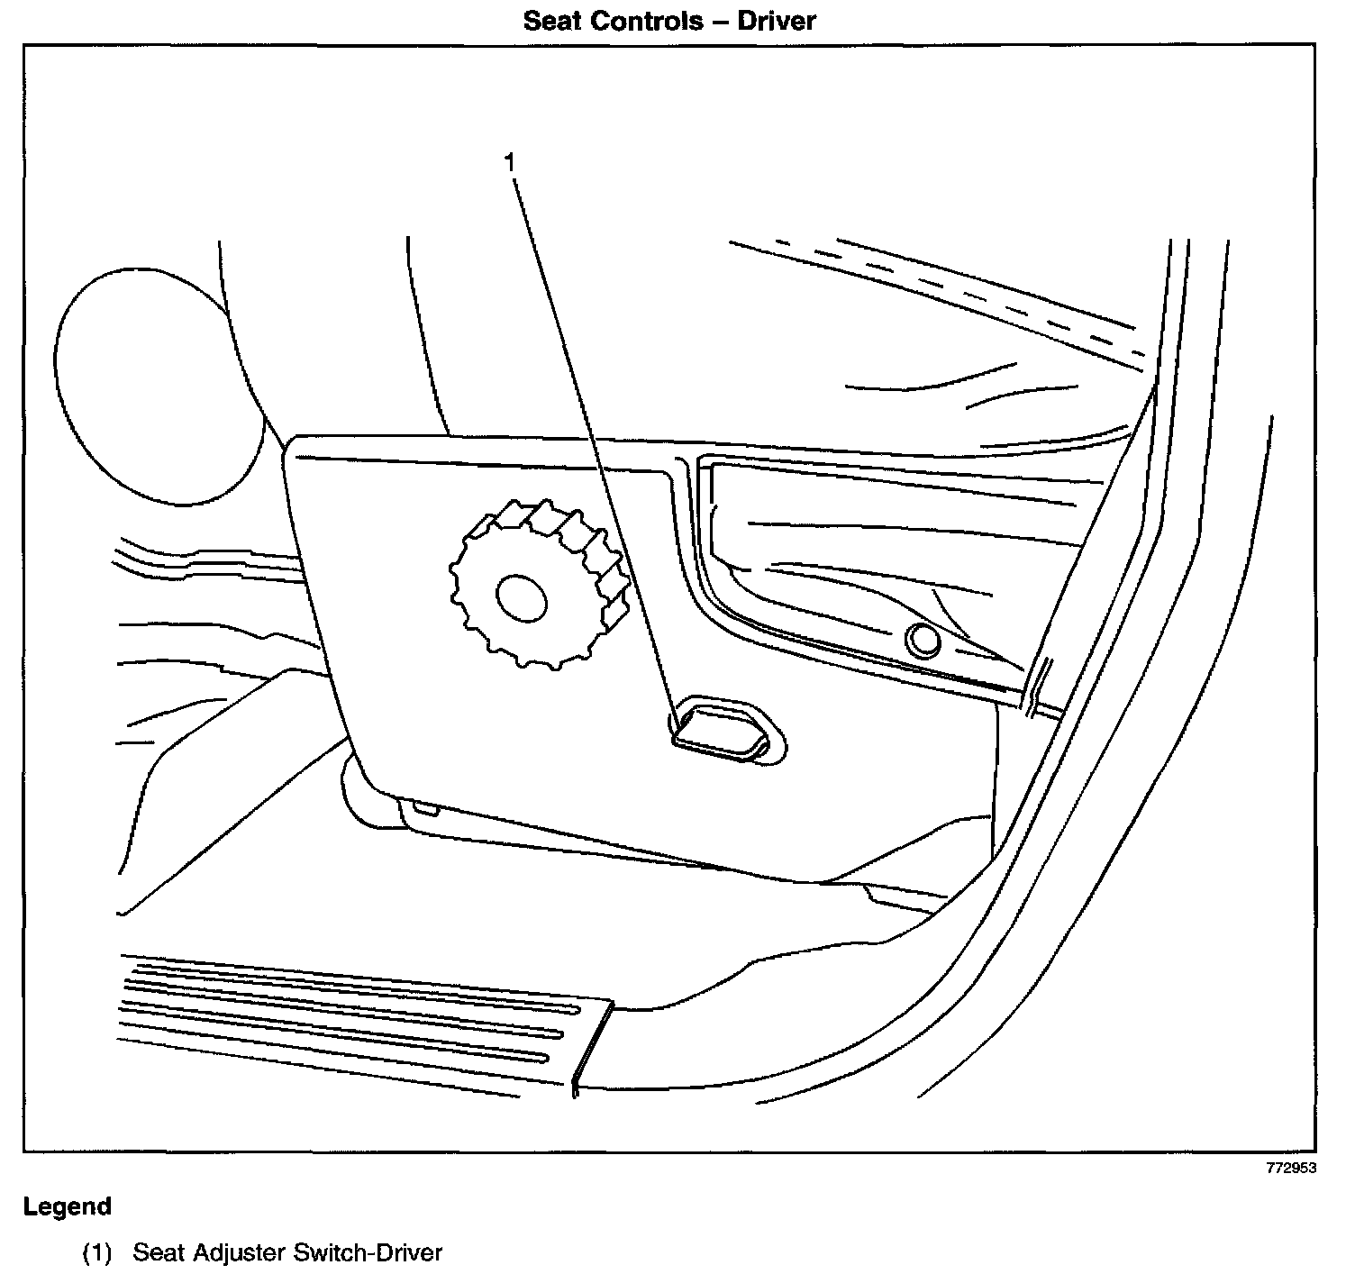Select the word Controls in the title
pyautogui.click(x=650, y=20)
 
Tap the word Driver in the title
pyautogui.click(x=777, y=20)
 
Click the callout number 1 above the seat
pyautogui.click(x=510, y=163)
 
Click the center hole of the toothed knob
pyautogui.click(x=521, y=597)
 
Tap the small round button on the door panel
pyautogui.click(x=923, y=641)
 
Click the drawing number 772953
pyautogui.click(x=1291, y=1168)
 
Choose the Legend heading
pyautogui.click(x=68, y=1206)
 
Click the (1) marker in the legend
pyautogui.click(x=96, y=1252)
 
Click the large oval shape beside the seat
pyautogui.click(x=158, y=385)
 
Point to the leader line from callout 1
pyautogui.click(x=595, y=441)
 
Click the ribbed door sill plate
pyautogui.click(x=351, y=1014)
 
